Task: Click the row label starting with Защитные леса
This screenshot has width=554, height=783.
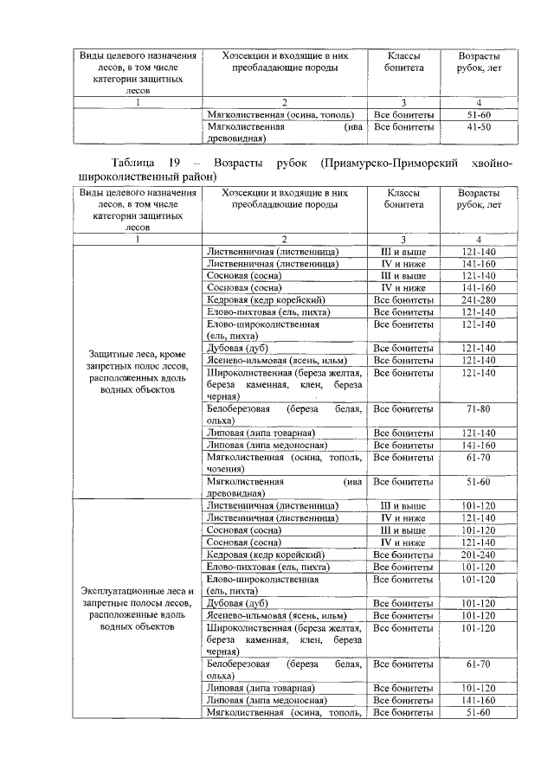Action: pyautogui.click(x=136, y=371)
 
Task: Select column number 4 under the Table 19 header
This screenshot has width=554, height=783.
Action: pyautogui.click(x=479, y=239)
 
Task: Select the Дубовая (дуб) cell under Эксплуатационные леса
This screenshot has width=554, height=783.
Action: pyautogui.click(x=237, y=603)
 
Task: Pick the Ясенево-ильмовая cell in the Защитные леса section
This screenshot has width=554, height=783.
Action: pyautogui.click(x=273, y=360)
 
